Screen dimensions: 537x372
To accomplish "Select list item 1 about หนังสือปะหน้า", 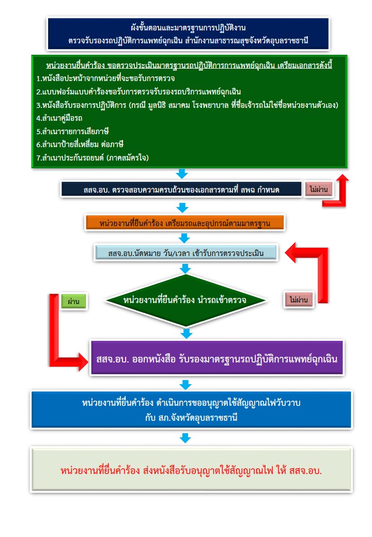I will (x=105, y=78).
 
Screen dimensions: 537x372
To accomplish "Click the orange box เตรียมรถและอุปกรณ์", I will (x=184, y=223).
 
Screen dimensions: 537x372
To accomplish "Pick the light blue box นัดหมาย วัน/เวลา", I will (x=186, y=254).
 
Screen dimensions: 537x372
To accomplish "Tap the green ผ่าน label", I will (x=73, y=301).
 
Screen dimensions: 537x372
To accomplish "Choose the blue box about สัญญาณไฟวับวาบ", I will (x=191, y=410).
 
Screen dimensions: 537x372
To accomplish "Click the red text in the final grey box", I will (x=191, y=471).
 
